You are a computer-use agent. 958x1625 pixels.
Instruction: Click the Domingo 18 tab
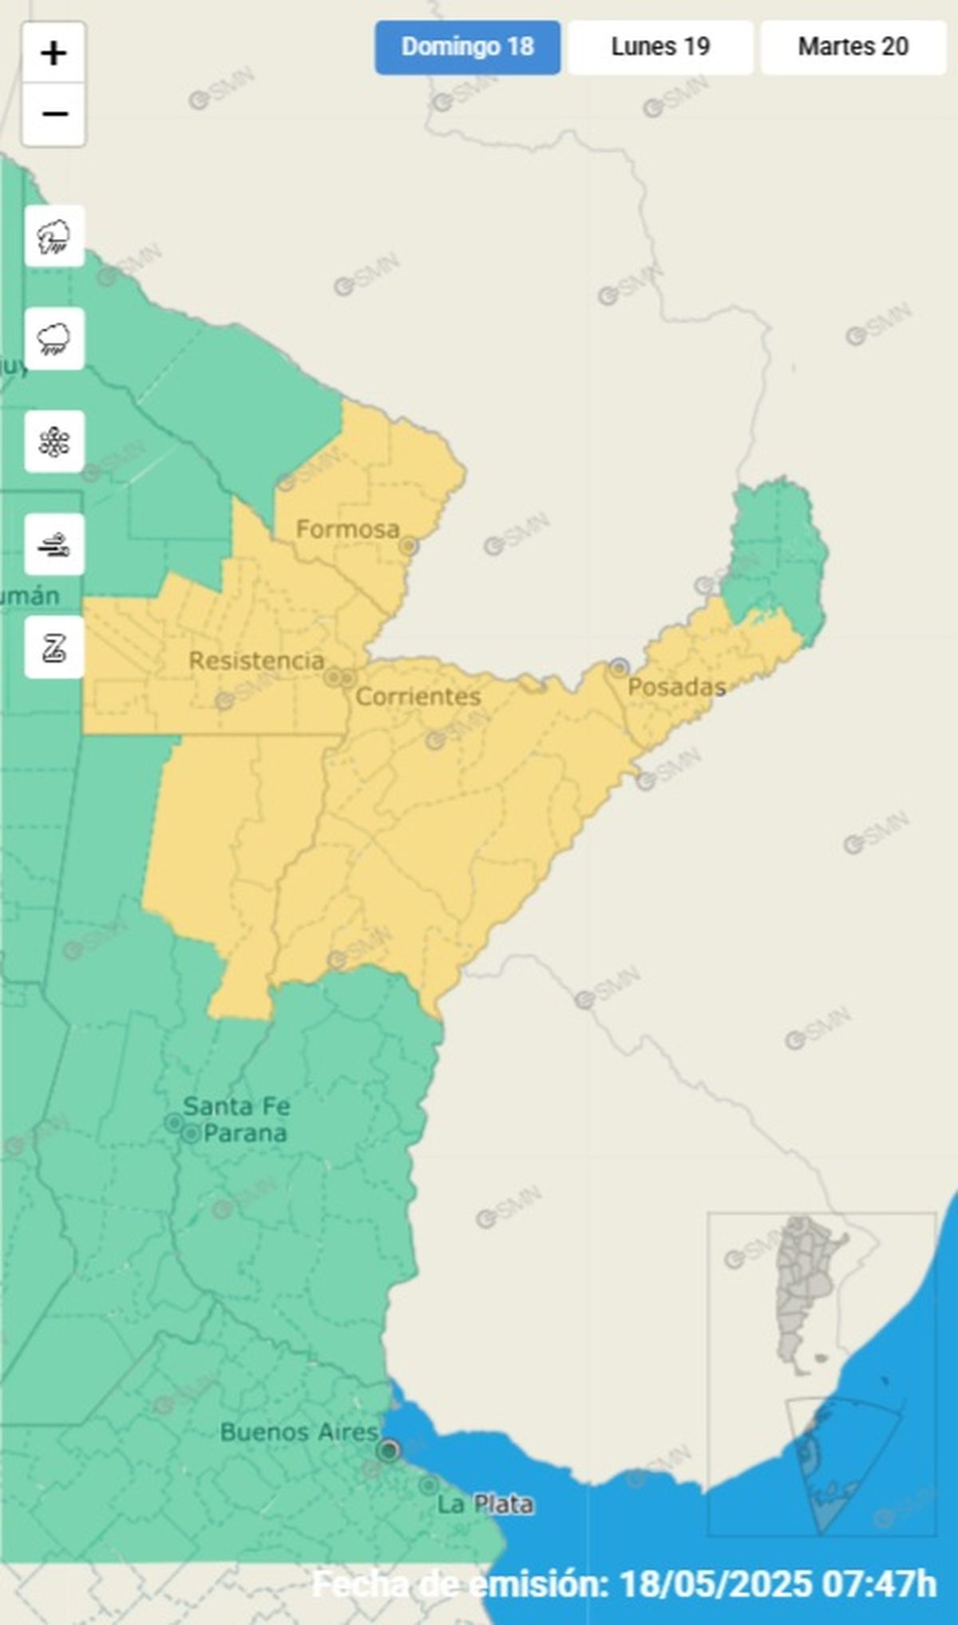[467, 47]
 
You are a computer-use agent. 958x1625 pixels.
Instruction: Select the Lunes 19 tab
[660, 47]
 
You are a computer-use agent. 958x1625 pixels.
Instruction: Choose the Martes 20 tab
[853, 47]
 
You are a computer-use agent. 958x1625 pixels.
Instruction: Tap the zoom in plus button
[53, 54]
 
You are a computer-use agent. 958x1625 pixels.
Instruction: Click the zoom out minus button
[53, 114]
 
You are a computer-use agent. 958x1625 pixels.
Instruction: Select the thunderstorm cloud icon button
[54, 236]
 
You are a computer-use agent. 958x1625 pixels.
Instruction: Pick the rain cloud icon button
[54, 339]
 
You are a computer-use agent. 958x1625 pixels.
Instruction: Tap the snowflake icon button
[54, 442]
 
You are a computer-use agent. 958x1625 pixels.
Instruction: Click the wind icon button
[54, 545]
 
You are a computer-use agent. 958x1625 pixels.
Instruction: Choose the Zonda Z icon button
[54, 647]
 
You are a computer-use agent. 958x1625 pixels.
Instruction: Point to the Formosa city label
[347, 529]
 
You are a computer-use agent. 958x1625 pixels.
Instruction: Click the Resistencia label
[256, 661]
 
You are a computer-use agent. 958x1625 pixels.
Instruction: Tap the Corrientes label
[418, 697]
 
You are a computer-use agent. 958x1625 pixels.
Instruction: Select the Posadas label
[676, 686]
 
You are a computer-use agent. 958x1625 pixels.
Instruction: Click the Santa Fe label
[236, 1107]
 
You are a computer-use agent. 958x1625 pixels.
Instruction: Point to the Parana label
[245, 1133]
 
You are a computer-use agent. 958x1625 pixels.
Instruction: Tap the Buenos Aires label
[299, 1432]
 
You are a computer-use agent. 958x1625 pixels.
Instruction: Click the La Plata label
[485, 1504]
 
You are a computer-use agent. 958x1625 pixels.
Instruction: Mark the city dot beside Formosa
[409, 546]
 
